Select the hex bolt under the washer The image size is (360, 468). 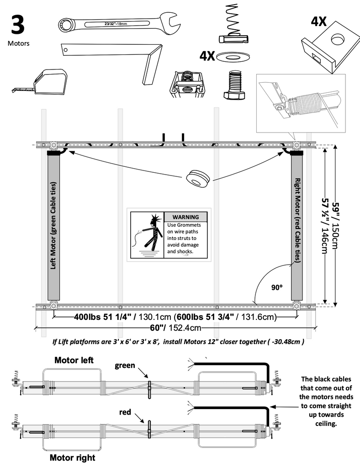coord(234,85)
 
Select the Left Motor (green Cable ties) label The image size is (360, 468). coord(54,226)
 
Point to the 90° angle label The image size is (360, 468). coord(276,287)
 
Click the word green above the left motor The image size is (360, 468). coord(125,365)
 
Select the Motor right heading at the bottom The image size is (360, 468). coord(72,457)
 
